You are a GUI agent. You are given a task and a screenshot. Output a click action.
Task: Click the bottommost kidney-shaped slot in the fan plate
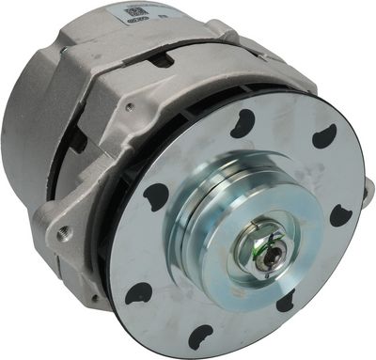pos(199,336)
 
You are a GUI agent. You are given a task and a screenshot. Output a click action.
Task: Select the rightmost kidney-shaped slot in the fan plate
pos(341,215)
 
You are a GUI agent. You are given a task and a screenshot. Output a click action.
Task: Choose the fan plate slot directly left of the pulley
pos(156,198)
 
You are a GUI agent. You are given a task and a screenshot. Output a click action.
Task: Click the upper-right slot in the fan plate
pos(323,137)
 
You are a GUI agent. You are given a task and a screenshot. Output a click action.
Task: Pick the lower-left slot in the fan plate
pos(139,293)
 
